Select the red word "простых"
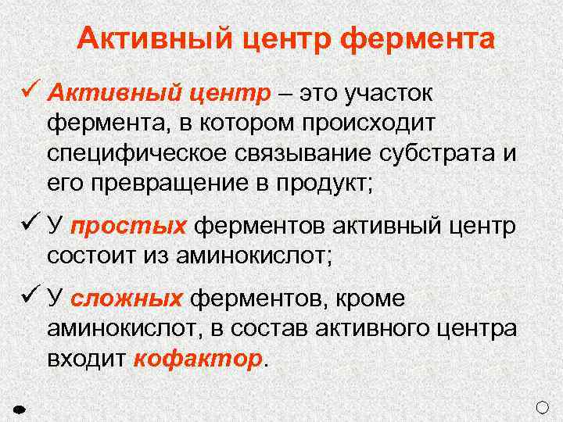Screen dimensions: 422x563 pyautogui.click(x=128, y=227)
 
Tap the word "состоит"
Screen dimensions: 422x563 pyautogui.click(x=91, y=256)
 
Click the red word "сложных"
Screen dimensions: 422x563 pyautogui.click(x=127, y=300)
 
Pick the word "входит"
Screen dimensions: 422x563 pyautogui.click(x=88, y=359)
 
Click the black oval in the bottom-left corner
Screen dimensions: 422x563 pyautogui.click(x=21, y=407)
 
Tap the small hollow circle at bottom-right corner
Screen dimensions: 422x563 pyautogui.click(x=544, y=406)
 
